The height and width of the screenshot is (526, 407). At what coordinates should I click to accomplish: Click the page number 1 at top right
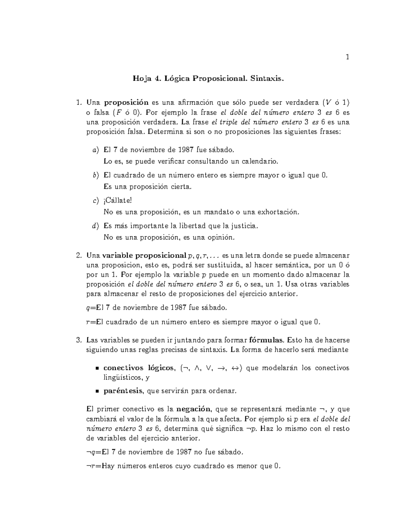347,57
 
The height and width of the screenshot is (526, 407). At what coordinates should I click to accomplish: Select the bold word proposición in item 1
126,103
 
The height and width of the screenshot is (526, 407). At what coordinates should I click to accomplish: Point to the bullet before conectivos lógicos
97,369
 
